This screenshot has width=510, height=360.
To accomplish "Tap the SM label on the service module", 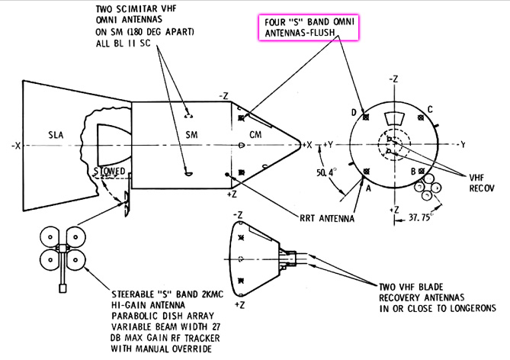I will pyautogui.click(x=181, y=135).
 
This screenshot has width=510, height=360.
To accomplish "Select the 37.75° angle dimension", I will pyautogui.click(x=420, y=215).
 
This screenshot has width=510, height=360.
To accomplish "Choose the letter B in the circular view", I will pyautogui.click(x=412, y=172).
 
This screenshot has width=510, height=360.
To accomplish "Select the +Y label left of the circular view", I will pyautogui.click(x=329, y=143).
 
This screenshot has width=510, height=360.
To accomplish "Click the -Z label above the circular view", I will pyautogui.click(x=394, y=79).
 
